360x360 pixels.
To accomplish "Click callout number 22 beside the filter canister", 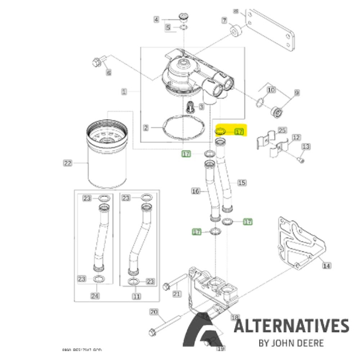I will tap(67, 164).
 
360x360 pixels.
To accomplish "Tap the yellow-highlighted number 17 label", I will tap(239, 132).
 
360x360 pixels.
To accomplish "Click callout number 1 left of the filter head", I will tap(124, 92).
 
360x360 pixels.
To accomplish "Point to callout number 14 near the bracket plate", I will tap(326, 266).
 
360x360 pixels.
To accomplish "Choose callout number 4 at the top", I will tap(156, 20).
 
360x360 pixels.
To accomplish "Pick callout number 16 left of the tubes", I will tap(195, 191).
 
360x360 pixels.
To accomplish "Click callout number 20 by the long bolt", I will tap(153, 312).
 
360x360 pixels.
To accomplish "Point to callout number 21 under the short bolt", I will tap(177, 294).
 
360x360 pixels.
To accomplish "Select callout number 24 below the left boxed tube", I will tap(95, 296).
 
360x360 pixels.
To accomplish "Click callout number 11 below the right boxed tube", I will tap(136, 296).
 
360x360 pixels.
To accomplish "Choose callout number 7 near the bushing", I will tap(224, 21).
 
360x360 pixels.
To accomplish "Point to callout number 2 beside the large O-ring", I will tap(146, 127).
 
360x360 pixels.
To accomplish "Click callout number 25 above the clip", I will tap(282, 131).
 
